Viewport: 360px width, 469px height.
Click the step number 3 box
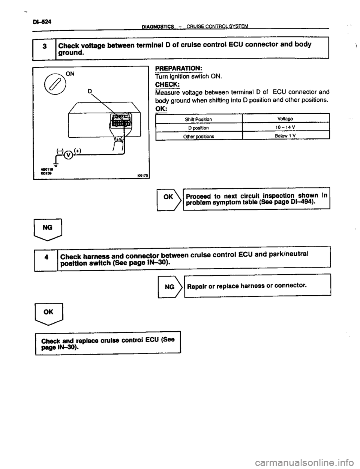point(44,48)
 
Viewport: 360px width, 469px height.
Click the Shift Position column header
point(198,119)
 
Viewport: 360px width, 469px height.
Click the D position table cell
point(198,128)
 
